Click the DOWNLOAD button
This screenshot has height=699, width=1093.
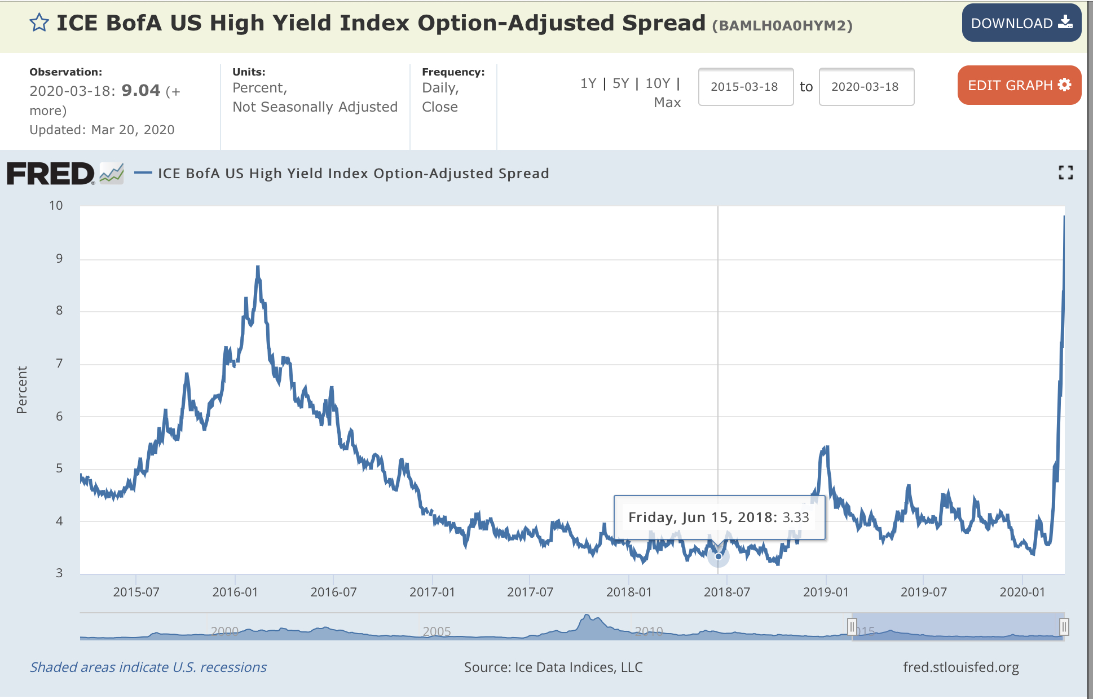[1021, 23]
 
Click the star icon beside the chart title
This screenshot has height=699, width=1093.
[39, 23]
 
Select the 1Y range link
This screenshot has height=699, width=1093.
[588, 83]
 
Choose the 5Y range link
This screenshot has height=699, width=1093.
[620, 83]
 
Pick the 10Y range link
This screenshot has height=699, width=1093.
[658, 83]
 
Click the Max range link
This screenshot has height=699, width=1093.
[667, 103]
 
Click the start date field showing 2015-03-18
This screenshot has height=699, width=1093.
[745, 87]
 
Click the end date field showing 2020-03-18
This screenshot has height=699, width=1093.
[866, 87]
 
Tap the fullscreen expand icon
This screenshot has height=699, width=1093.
[1065, 172]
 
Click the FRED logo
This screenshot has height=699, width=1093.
[51, 174]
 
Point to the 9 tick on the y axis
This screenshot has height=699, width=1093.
[59, 259]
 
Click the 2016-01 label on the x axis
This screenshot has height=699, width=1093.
[235, 592]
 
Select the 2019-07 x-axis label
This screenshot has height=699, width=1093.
[923, 592]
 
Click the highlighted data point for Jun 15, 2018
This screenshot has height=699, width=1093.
[719, 556]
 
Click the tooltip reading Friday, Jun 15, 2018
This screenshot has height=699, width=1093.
[719, 517]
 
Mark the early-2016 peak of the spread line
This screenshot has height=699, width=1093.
[258, 267]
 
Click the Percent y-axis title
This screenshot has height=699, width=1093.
[22, 390]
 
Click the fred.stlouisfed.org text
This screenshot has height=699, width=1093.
[960, 667]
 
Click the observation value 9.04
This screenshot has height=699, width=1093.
[141, 91]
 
